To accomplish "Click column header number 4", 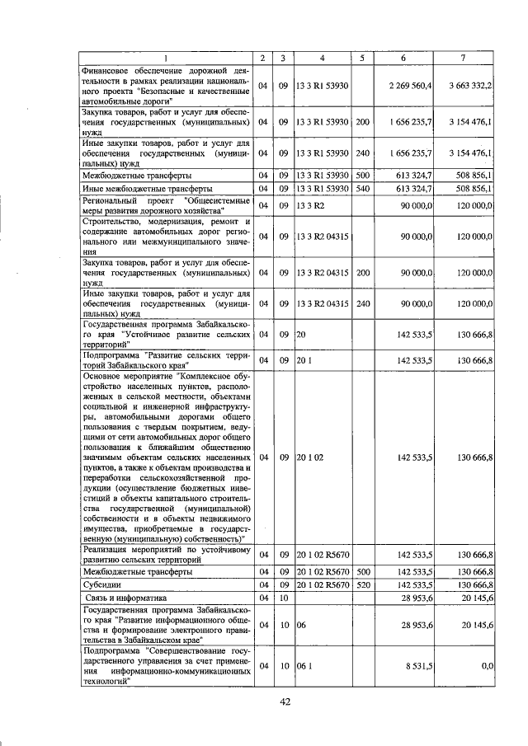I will [323, 58].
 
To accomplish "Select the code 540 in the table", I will [362, 189].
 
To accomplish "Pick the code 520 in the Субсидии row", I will [362, 584].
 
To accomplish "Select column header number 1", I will [166, 58].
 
